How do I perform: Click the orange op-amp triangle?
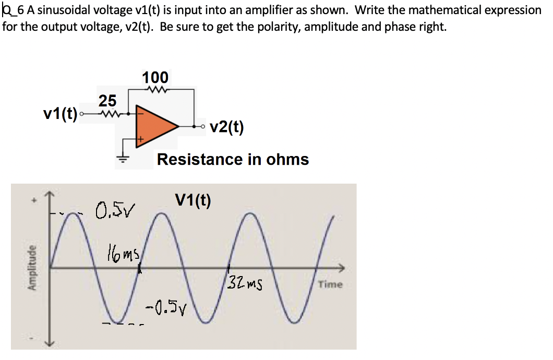coord(154,126)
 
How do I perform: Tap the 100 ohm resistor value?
coord(155,77)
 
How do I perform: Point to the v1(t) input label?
coord(61,113)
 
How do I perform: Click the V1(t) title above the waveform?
coord(193,200)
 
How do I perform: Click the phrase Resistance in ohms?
coord(233,159)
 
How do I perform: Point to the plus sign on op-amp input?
coord(139,139)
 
